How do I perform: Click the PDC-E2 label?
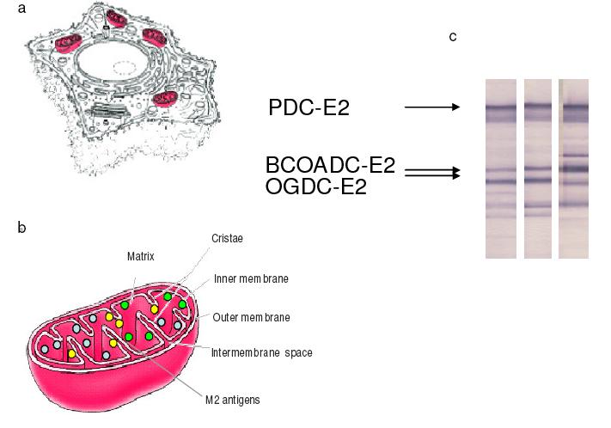coord(309,107)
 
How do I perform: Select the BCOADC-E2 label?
coord(331,165)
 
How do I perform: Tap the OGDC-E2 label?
coord(316,186)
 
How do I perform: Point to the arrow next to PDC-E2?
coord(432,107)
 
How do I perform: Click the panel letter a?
coord(21,9)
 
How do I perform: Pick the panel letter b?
coord(21,227)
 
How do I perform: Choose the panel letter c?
coord(453,36)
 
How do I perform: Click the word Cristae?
coord(227,238)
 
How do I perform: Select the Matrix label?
coord(141,256)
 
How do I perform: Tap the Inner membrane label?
coord(251,278)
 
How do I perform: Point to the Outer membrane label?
coord(251,317)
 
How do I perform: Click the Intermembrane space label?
coord(262,352)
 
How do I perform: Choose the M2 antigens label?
coord(233,400)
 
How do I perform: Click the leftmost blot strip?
coord(501,168)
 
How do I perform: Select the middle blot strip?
coord(538,168)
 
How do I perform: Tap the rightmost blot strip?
coord(573,168)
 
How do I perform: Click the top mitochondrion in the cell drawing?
coord(117,18)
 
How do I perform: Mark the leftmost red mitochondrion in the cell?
coord(69,42)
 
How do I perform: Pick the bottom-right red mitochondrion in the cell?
coord(165,98)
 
